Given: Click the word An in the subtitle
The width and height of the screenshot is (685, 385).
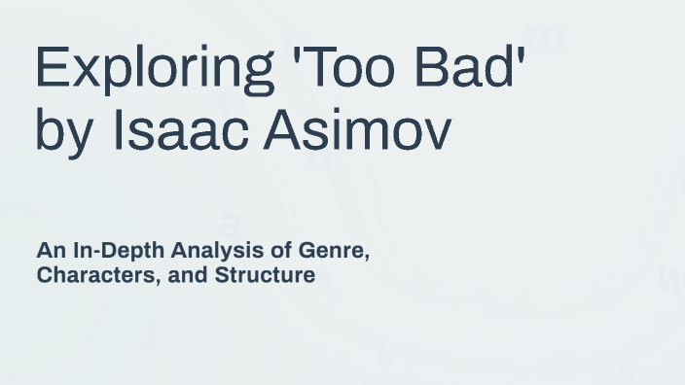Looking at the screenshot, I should click(x=51, y=251).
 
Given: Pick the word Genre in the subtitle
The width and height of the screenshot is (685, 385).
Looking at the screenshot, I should click(x=334, y=251).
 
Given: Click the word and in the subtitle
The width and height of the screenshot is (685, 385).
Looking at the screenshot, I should click(x=188, y=275).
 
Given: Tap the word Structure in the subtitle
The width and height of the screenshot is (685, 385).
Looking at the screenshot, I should click(x=265, y=275).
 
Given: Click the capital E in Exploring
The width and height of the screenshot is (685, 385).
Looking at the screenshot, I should click(x=52, y=68).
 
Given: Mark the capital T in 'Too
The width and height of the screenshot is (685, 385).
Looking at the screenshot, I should click(x=317, y=68).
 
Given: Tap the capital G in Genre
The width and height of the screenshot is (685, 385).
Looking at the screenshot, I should click(x=307, y=251).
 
